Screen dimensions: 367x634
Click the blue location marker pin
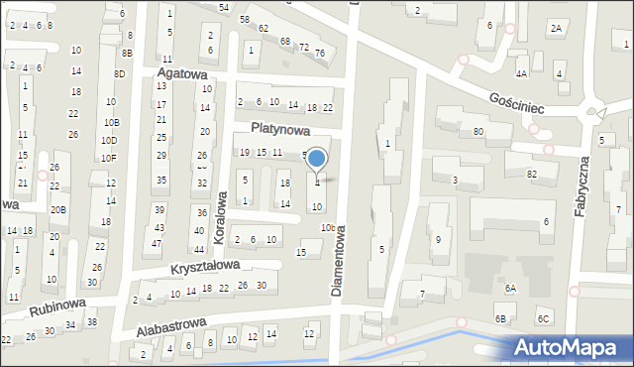(317, 160)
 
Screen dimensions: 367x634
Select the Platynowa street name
(280, 129)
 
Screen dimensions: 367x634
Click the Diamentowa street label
(339, 260)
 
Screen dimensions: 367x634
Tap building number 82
(532, 174)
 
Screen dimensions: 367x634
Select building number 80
(477, 131)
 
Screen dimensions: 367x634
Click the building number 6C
(543, 318)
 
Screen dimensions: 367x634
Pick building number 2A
(556, 29)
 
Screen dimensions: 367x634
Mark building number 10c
(327, 228)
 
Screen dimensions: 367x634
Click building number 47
(156, 243)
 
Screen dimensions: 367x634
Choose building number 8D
(120, 74)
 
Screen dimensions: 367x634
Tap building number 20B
(58, 209)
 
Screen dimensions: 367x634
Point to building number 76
(320, 52)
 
